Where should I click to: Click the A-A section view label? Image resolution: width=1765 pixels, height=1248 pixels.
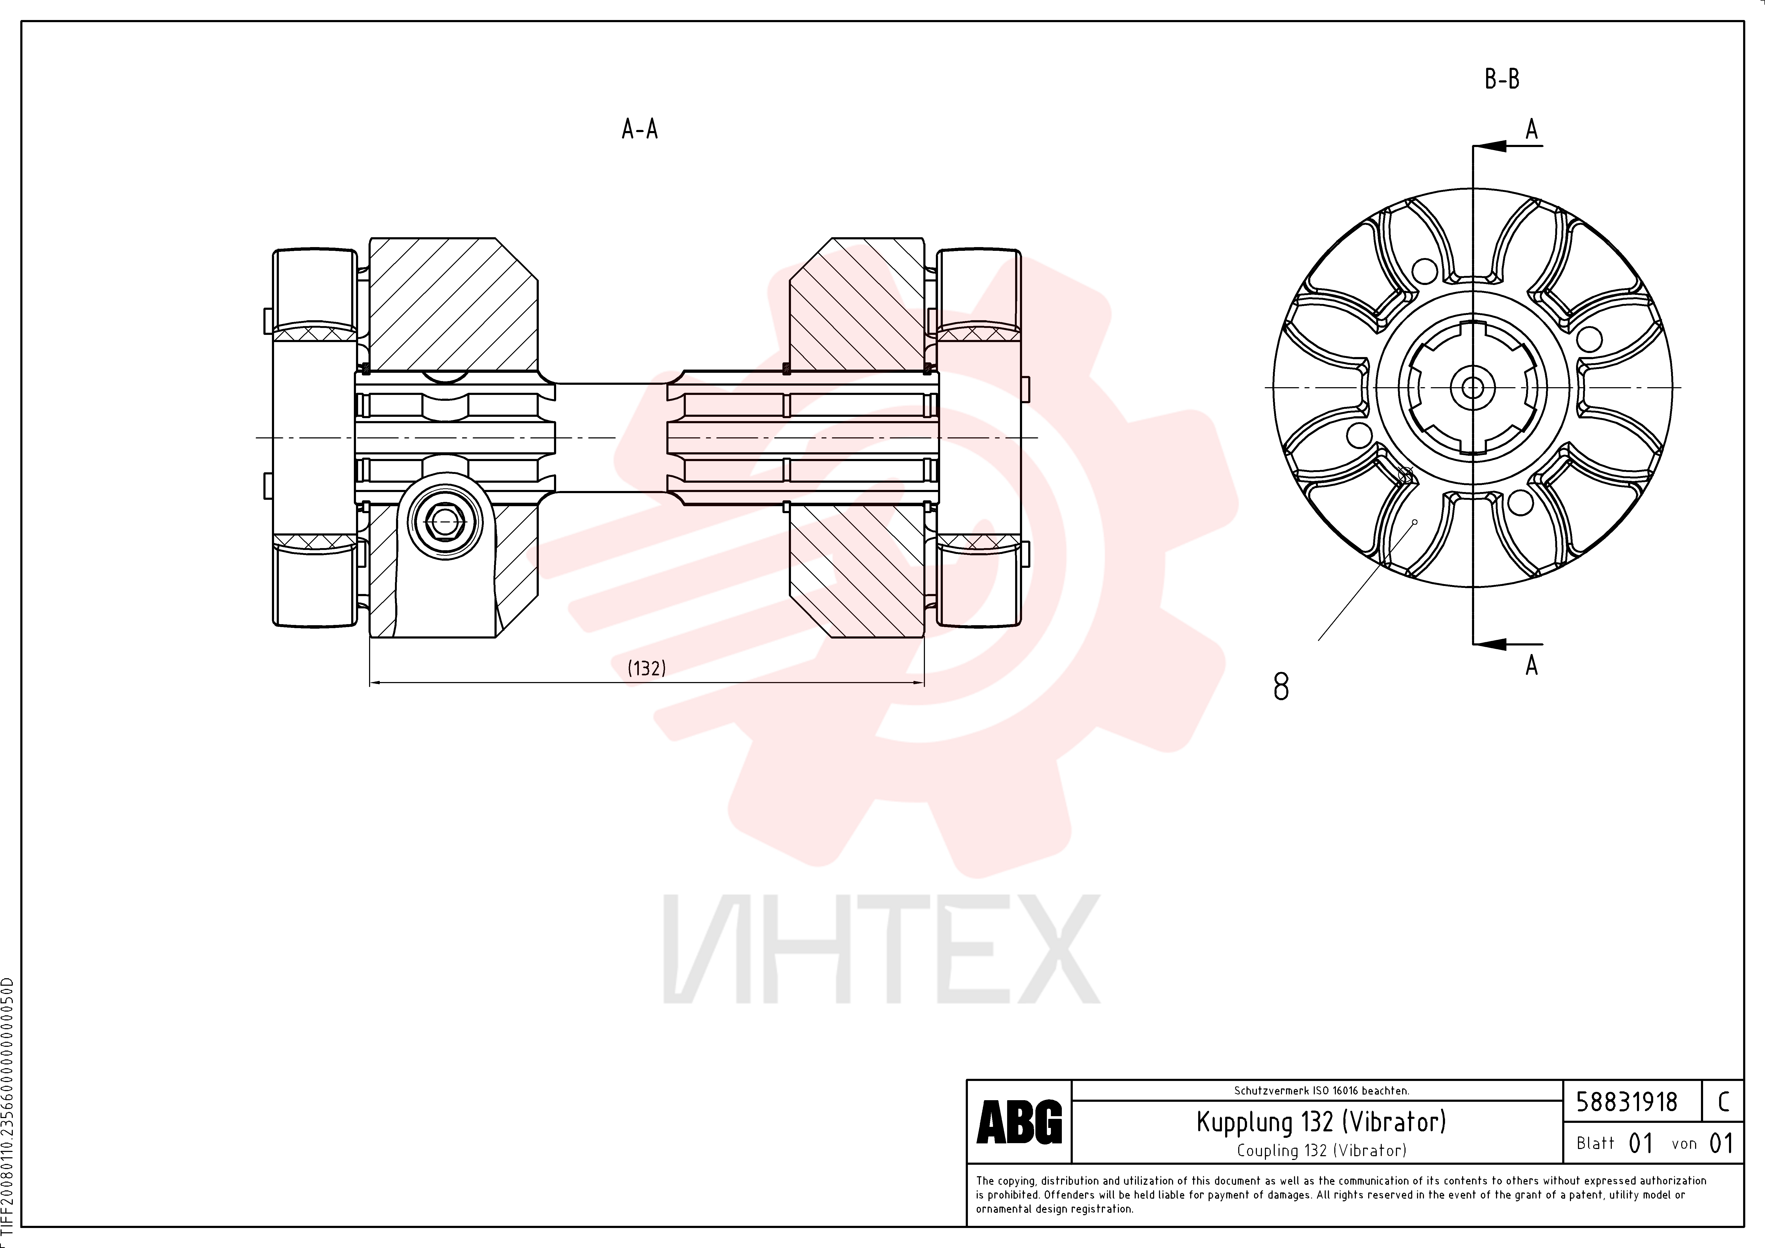click(640, 129)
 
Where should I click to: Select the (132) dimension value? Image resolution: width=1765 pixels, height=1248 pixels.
click(647, 668)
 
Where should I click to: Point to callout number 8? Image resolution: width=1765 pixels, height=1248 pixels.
click(1281, 686)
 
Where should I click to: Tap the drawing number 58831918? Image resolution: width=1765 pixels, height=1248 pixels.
click(1627, 1102)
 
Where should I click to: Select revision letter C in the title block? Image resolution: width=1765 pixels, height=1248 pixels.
click(1723, 1102)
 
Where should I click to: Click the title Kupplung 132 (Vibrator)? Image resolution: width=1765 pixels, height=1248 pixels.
click(1321, 1122)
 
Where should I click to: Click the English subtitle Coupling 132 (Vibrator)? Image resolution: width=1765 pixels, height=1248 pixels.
click(1321, 1150)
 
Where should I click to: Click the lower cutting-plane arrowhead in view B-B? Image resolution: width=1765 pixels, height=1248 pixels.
click(1489, 644)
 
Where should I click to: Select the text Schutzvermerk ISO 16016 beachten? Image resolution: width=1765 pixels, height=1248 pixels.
click(1321, 1091)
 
